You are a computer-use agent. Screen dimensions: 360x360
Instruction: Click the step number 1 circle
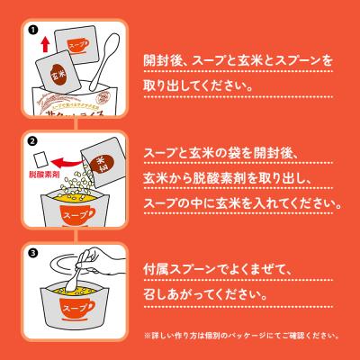33,28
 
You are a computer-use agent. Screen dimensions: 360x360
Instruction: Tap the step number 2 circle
33,142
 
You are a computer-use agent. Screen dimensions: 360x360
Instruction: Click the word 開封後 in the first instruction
167,62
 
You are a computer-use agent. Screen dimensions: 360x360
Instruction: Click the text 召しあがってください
206,294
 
